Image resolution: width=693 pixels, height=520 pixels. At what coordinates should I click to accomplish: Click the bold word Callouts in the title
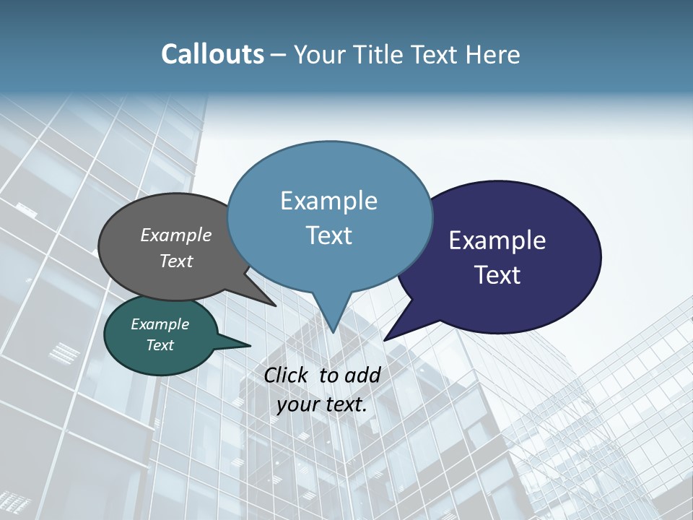[x=212, y=54]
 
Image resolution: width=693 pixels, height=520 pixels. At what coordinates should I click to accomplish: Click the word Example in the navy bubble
[x=497, y=240]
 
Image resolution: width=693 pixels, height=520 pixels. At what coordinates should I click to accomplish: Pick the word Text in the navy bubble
[x=497, y=275]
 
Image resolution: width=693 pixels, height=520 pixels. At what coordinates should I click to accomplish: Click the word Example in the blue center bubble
[x=328, y=201]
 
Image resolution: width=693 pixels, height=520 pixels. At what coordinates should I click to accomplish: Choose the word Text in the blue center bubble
[x=328, y=235]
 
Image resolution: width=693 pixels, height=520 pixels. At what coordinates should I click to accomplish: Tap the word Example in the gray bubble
[x=176, y=235]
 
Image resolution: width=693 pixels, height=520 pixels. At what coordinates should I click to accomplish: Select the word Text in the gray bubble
[x=176, y=261]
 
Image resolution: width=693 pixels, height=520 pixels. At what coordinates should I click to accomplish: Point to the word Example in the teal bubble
[x=160, y=324]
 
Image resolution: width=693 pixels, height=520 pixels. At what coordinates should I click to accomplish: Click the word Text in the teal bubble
[x=160, y=345]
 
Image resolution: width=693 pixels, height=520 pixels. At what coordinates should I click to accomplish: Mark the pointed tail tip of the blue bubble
[x=333, y=332]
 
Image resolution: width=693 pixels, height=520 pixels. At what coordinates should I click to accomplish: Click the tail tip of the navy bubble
[x=385, y=339]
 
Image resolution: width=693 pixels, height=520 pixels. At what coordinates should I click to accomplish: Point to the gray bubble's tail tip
[x=276, y=305]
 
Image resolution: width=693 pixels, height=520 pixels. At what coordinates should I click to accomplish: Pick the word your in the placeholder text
[x=297, y=404]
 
